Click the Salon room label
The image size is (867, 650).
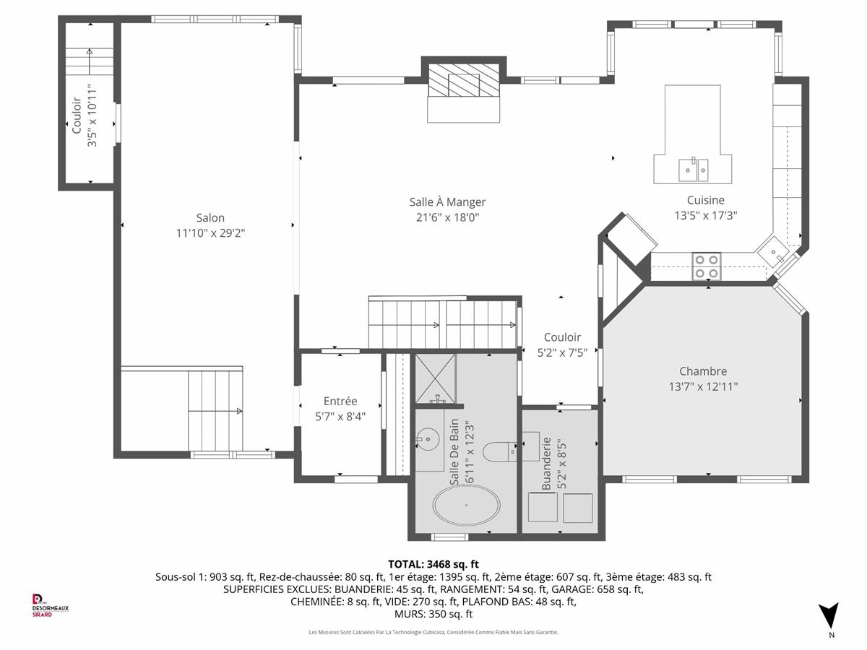[210, 218]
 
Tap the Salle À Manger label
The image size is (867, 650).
[447, 202]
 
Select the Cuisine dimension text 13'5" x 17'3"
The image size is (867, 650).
[705, 215]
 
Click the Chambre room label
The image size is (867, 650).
[703, 371]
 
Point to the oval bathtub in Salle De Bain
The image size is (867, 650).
[467, 505]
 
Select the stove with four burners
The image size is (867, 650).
[706, 266]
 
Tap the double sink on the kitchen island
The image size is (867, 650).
[693, 170]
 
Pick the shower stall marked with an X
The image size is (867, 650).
[435, 378]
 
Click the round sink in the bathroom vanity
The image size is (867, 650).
[428, 439]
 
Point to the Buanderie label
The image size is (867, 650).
[546, 464]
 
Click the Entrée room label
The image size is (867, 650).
[340, 401]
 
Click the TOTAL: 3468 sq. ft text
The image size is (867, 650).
[433, 564]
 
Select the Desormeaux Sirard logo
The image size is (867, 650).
[50, 605]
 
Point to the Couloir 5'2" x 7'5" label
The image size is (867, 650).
[562, 345]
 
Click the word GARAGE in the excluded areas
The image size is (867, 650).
[569, 589]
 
